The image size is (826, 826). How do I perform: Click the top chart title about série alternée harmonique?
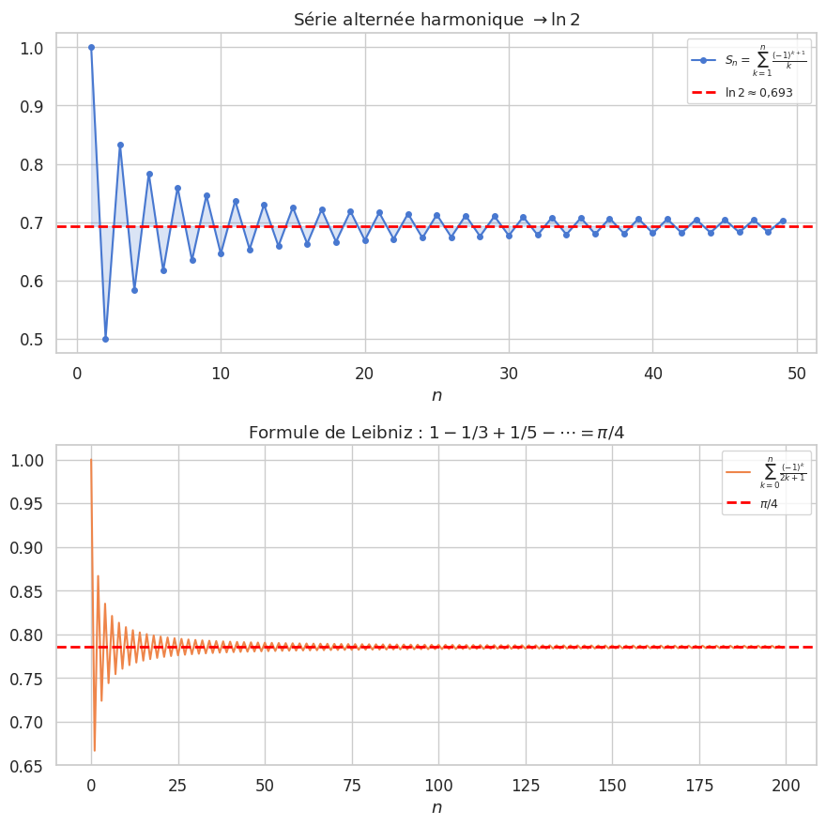coord(436,20)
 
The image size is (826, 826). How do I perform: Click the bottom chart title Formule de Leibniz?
coord(436,432)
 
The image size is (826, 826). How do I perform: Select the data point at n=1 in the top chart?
coord(91,47)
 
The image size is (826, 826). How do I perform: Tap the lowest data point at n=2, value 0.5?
coord(105,339)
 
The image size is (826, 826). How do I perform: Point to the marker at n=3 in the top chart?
coord(120,145)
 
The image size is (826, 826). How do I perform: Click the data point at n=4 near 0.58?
coord(134,290)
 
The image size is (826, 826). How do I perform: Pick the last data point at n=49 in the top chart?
coord(783,222)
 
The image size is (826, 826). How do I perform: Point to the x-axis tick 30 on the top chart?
coord(509,373)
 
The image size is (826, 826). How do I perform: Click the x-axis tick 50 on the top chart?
coord(797,373)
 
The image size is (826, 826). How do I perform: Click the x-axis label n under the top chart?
coord(436,395)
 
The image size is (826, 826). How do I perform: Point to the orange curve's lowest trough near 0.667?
coord(94,750)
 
